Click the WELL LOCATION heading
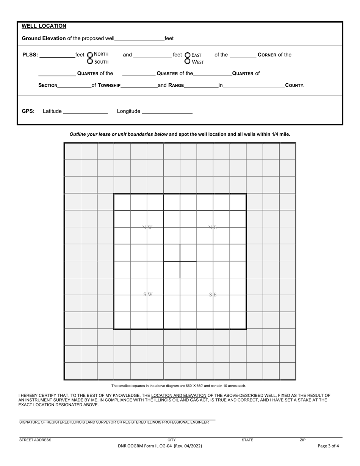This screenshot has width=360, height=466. [44, 26]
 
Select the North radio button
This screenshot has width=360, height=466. [90, 55]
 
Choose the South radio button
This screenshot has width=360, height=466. [90, 61]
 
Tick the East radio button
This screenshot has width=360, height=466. [188, 55]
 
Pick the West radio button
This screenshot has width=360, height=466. [188, 61]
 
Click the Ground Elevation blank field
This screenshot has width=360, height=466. [139, 39]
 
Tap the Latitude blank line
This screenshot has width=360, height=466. [86, 111]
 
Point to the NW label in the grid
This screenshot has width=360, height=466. [147, 228]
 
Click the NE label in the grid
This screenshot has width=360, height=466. [213, 228]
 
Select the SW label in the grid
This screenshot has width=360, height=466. [147, 295]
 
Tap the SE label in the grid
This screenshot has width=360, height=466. [213, 295]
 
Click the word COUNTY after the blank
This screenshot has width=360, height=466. [294, 86]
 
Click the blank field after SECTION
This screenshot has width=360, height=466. [74, 86]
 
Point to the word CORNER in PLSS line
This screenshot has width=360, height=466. [267, 55]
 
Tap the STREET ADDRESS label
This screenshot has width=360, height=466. [35, 440]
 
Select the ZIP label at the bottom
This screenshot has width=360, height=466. [303, 440]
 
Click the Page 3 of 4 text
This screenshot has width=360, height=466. [328, 446]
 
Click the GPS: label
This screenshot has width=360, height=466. [28, 111]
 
